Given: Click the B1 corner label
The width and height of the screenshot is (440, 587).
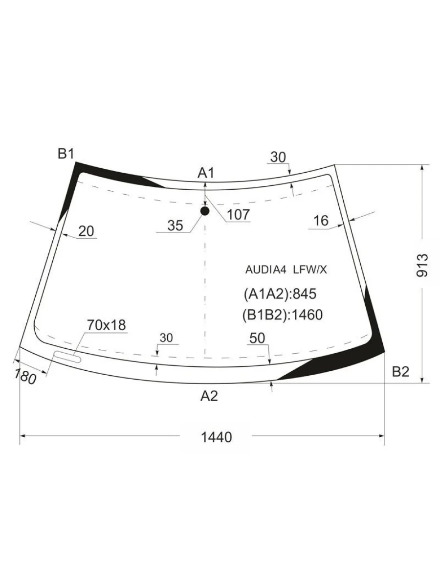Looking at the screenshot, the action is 66,154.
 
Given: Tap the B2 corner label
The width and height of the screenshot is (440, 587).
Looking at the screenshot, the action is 400,372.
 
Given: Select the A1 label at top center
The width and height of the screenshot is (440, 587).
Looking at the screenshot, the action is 206,173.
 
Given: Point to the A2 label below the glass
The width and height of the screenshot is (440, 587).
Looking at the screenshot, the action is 209,396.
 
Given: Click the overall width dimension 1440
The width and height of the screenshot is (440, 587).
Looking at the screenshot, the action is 217,437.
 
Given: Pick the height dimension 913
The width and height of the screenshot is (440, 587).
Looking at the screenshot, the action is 422,265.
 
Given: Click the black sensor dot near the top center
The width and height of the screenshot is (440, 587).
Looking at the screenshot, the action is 205,211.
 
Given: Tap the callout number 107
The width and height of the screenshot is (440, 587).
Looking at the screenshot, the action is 238,214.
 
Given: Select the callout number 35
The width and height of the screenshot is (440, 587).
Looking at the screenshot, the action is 175,226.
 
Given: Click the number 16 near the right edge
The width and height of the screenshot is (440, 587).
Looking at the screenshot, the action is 321,221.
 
